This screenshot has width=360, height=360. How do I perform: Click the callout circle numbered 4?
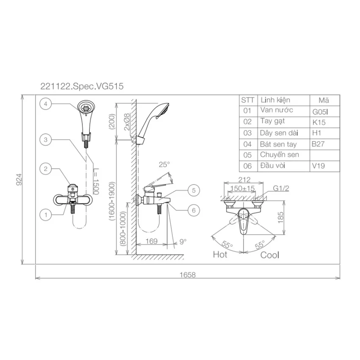click(45, 104)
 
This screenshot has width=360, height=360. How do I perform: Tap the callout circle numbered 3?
click(45, 140)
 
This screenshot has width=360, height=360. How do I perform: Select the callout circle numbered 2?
click(45, 169)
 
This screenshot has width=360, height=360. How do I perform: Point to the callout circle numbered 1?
click(45, 215)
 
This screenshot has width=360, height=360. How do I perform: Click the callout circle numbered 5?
click(194, 190)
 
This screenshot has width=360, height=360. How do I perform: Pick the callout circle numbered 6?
click(194, 210)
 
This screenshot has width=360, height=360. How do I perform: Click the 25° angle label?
click(164, 164)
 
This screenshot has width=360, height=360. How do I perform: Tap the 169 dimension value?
click(151, 241)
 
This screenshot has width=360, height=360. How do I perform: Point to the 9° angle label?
click(183, 241)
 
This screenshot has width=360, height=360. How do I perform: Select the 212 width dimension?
click(244, 180)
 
